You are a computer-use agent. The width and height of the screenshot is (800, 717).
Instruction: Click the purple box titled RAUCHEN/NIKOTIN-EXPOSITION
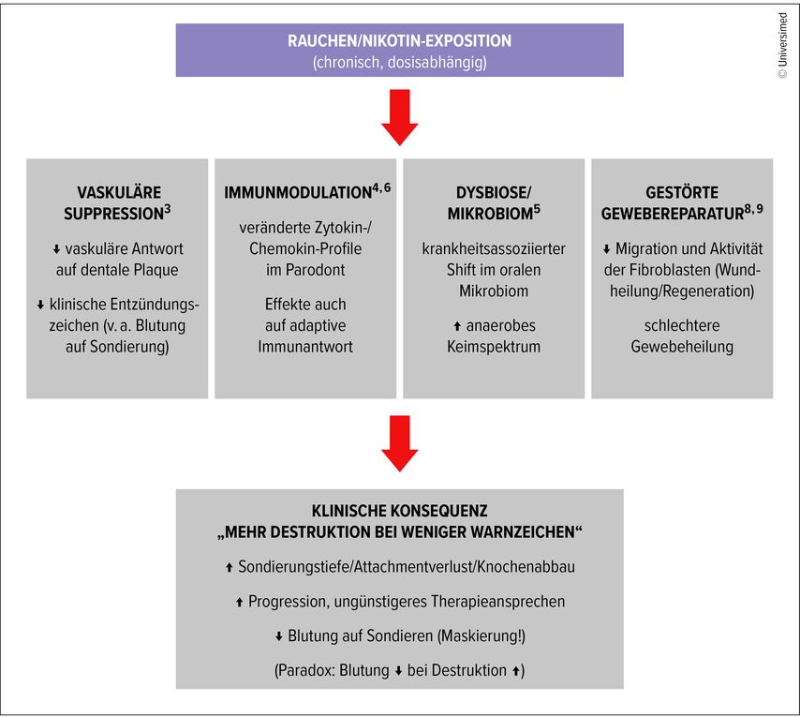[x=399, y=51]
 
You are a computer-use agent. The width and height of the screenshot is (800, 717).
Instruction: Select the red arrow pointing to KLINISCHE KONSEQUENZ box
[x=400, y=446]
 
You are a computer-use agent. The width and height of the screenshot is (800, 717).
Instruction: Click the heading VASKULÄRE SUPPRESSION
[x=117, y=202]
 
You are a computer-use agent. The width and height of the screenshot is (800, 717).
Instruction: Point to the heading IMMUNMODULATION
[x=305, y=193]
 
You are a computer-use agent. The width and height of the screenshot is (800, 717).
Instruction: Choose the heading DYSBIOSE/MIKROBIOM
[x=494, y=202]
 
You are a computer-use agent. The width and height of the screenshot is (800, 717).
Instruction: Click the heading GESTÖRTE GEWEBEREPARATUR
[x=682, y=202]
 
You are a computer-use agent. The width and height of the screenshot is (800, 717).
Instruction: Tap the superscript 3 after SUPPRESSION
[x=168, y=209]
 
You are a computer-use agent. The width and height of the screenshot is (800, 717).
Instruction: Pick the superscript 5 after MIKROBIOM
[x=538, y=209]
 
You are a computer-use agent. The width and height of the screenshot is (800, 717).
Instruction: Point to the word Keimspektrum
[x=494, y=346]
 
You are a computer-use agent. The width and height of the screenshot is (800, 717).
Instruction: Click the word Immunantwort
[x=305, y=346]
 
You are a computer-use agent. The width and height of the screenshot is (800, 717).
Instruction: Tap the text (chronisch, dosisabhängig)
[x=399, y=64]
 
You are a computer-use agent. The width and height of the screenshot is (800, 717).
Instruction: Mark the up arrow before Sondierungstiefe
[x=230, y=568]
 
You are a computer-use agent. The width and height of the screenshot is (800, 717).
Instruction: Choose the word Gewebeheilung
[x=682, y=346]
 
